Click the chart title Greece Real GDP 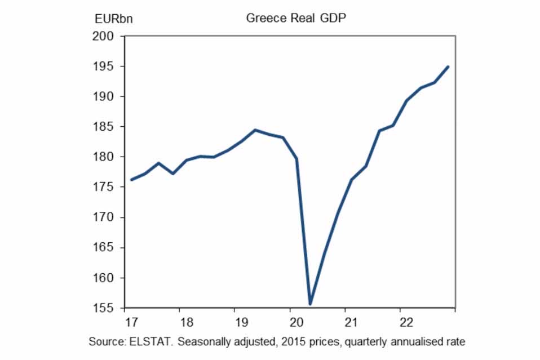296,18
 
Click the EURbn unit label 114,19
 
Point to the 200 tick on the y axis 103,36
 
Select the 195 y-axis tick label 103,66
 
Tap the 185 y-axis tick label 103,127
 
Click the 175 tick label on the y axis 103,187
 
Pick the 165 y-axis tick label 103,247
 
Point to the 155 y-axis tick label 103,308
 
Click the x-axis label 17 131,322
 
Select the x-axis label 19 241,322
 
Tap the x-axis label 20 296,322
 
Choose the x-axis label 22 406,322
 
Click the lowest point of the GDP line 310,304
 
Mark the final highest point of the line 448,67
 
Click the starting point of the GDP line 131,180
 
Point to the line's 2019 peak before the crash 255,130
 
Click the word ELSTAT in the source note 150,342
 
